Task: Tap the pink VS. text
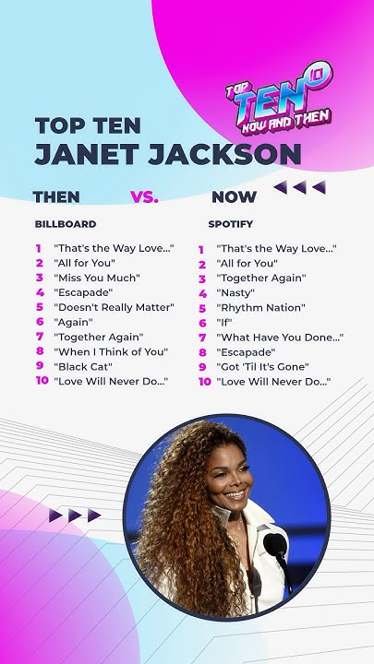(144, 196)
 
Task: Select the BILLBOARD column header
(66, 224)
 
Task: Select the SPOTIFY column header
(231, 224)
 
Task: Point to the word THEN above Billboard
(56, 196)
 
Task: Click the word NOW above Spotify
(235, 196)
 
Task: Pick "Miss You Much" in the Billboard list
(97, 278)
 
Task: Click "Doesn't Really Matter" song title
(114, 307)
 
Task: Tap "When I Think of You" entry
(111, 351)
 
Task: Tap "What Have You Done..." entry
(280, 338)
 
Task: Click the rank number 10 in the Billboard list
(42, 381)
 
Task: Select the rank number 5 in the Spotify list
(202, 308)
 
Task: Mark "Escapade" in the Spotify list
(246, 352)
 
